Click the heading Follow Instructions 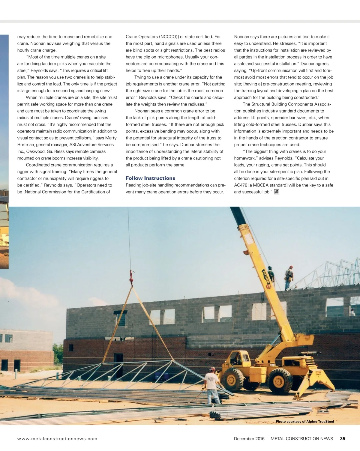[150, 178]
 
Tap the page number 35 [343, 439]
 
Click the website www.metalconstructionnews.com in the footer [57, 439]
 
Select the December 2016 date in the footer [249, 439]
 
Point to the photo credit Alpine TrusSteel [305, 422]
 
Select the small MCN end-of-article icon [277, 192]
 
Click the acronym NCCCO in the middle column [168, 37]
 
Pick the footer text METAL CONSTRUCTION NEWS [301, 439]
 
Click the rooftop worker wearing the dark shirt [271, 274]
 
